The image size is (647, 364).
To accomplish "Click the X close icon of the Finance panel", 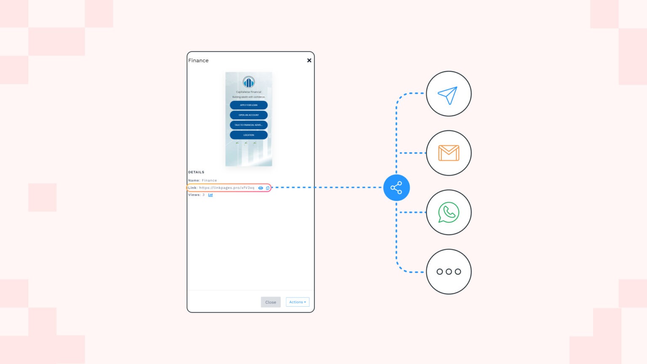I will tap(309, 60).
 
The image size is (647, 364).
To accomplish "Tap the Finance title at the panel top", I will tap(198, 61).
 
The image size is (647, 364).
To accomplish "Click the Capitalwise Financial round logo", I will tap(249, 82).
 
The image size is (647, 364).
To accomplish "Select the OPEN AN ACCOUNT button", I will tap(249, 115).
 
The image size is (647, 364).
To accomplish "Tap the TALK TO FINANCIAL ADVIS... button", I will tap(249, 125).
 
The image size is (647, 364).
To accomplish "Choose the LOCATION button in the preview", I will tap(249, 135).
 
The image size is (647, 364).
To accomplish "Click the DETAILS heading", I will tap(196, 172).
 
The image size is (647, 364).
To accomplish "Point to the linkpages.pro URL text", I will tap(227, 188).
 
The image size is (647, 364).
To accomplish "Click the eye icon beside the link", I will tap(261, 188).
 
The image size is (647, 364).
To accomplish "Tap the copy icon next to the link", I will tap(267, 188).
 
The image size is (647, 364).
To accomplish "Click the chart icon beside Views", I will tap(211, 195).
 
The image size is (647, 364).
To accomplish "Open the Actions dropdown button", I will tap(297, 302).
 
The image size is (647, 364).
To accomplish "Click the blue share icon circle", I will tap(396, 187).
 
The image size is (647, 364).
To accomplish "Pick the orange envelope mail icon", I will tap(449, 153).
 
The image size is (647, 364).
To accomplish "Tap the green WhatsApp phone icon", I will tap(449, 212).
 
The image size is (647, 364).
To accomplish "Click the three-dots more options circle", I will tap(449, 272).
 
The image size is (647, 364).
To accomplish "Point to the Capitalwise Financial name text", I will tap(249, 92).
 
